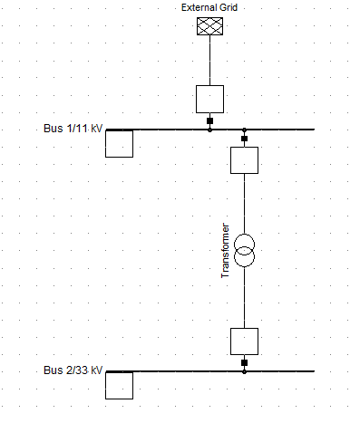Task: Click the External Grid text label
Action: (209, 7)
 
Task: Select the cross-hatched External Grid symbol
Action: (209, 26)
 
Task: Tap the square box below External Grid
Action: (209, 99)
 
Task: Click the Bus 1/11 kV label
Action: (73, 129)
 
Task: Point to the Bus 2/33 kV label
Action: (73, 370)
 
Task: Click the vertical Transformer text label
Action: (226, 251)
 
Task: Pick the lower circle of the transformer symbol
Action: (245, 266)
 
